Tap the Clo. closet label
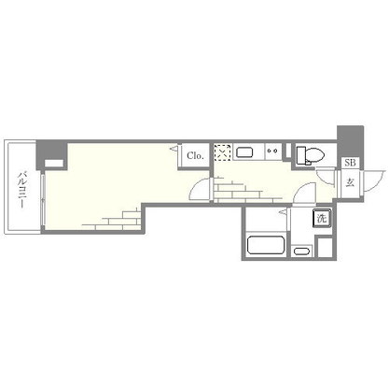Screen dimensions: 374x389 pyautogui.click(x=196, y=155)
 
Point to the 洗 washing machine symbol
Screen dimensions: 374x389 pyautogui.click(x=320, y=218)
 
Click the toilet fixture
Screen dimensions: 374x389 pyautogui.click(x=310, y=155)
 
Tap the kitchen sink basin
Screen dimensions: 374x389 pyautogui.click(x=245, y=152)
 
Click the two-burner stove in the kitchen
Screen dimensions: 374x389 pyautogui.click(x=272, y=152)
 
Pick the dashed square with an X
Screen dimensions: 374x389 pyautogui.click(x=222, y=152)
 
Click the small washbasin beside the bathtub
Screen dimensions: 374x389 pyautogui.click(x=302, y=250)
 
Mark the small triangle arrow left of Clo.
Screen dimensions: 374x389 pyautogui.click(x=174, y=149)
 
